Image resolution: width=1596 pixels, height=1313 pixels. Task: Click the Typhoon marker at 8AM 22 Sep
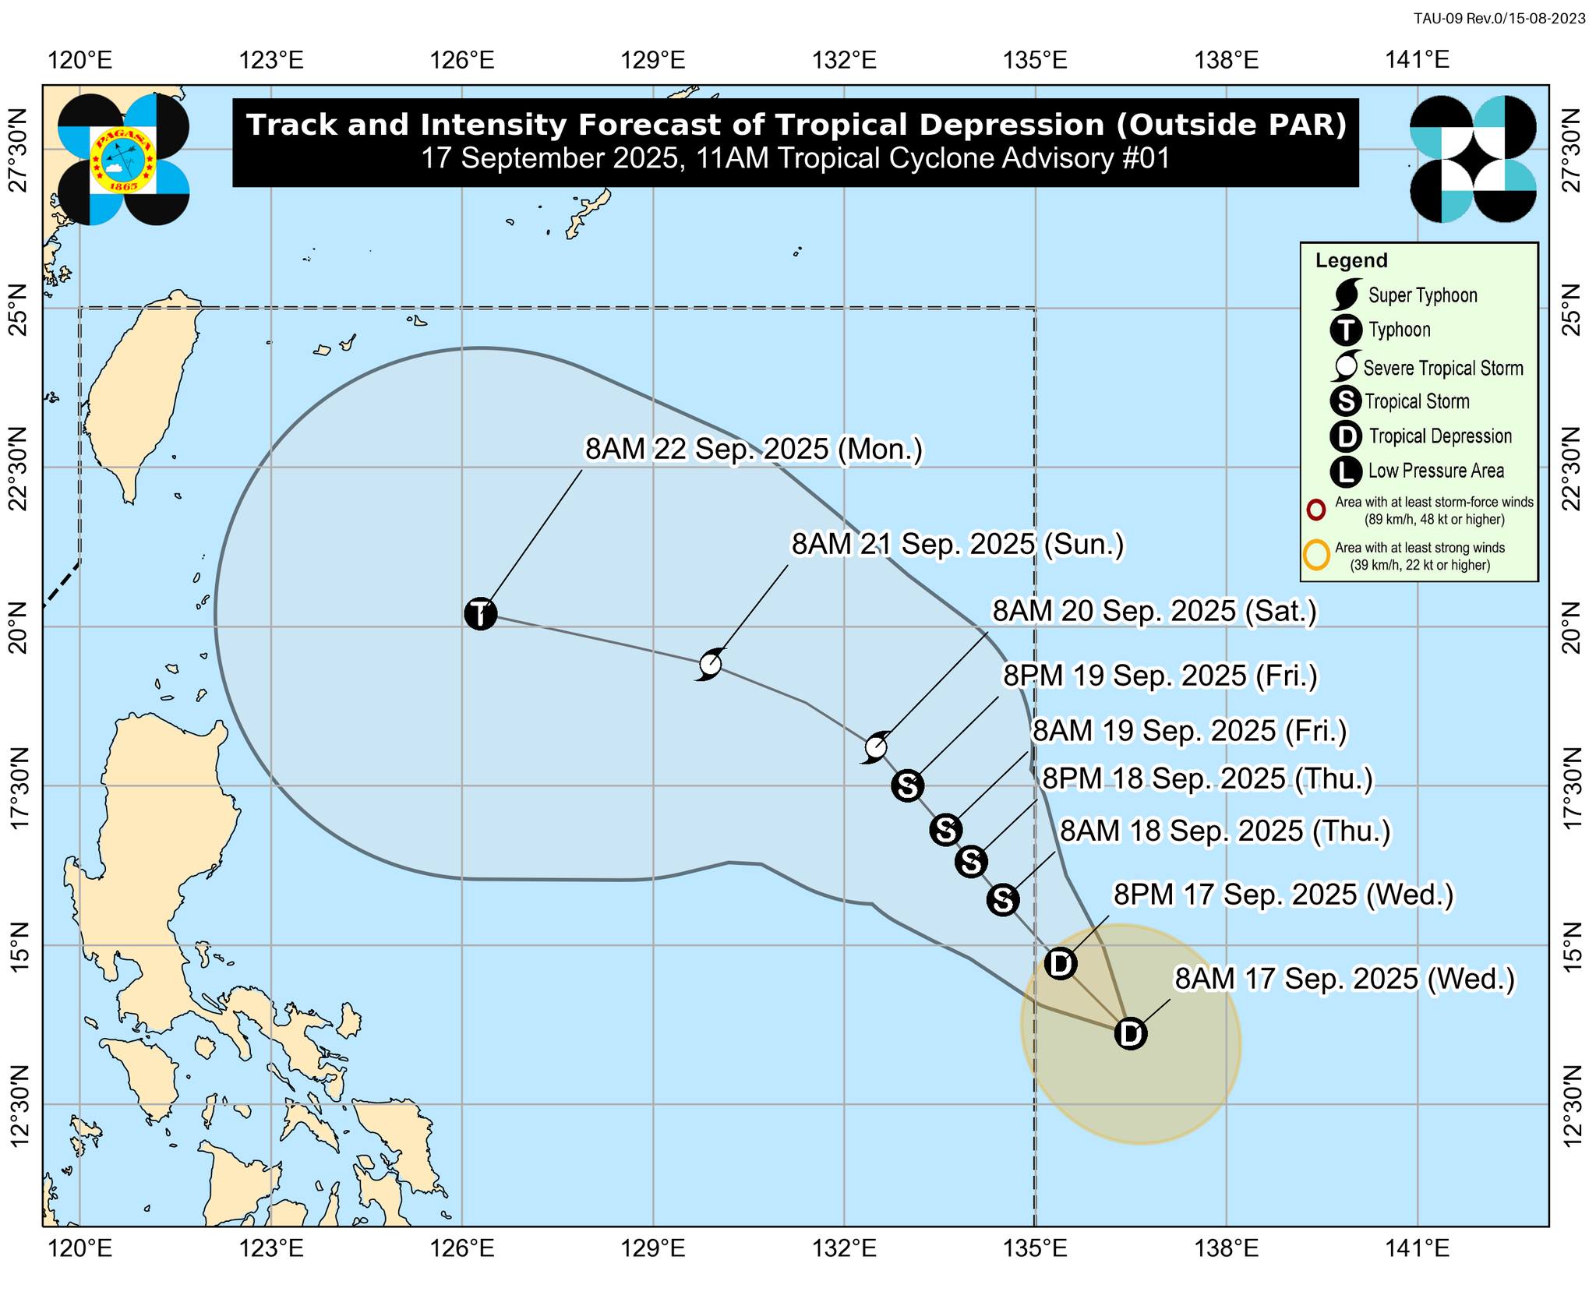tap(480, 614)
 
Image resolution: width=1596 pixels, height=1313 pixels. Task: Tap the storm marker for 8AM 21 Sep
tap(710, 664)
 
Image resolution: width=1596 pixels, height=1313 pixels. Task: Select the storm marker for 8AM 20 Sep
tap(876, 747)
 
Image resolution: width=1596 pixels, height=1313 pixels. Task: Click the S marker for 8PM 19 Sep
tap(907, 785)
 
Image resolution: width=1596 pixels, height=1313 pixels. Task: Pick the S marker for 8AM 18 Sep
tap(1002, 900)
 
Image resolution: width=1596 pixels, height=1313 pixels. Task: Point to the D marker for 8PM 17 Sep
tap(1060, 964)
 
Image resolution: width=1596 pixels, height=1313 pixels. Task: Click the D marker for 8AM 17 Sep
tap(1130, 1034)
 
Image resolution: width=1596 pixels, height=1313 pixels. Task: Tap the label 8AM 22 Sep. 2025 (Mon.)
tap(754, 450)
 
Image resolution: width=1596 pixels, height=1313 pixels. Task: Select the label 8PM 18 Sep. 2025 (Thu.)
tap(1207, 778)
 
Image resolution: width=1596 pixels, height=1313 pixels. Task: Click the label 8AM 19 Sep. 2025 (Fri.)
tap(1189, 731)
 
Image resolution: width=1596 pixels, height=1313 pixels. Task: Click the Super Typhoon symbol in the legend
tap(1347, 295)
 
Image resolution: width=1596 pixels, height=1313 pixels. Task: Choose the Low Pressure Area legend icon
tap(1346, 471)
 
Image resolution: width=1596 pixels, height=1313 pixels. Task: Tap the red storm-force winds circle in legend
tap(1315, 510)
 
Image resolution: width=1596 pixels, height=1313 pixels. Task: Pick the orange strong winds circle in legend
tap(1316, 556)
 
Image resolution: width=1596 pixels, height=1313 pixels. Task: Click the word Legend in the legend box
tap(1351, 261)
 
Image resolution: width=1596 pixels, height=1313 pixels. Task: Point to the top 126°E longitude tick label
tap(462, 60)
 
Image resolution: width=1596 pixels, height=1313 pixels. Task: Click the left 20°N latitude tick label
tap(19, 627)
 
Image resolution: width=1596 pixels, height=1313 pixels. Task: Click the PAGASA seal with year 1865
tap(123, 160)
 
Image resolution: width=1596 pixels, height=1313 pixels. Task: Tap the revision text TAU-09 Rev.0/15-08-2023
tap(1499, 19)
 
